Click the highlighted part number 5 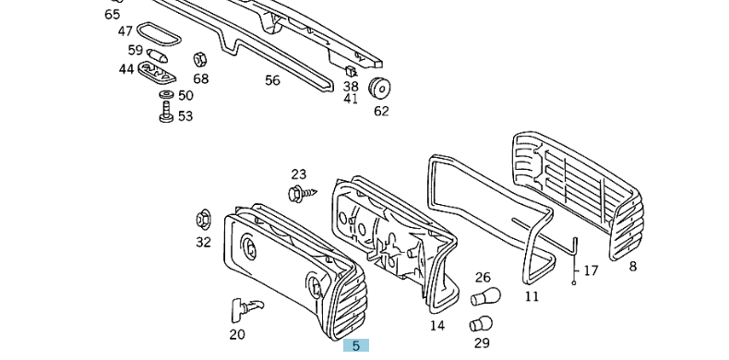pyautogui.click(x=356, y=345)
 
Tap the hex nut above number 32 pyautogui.click(x=203, y=220)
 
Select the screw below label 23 pyautogui.click(x=302, y=193)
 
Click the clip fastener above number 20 pyautogui.click(x=246, y=309)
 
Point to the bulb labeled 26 pyautogui.click(x=485, y=296)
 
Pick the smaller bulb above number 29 pyautogui.click(x=481, y=324)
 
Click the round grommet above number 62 pyautogui.click(x=379, y=89)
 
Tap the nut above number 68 pyautogui.click(x=200, y=60)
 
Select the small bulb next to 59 pyautogui.click(x=157, y=55)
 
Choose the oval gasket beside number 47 pyautogui.click(x=158, y=34)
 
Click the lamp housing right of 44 pyautogui.click(x=157, y=72)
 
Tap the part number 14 pyautogui.click(x=437, y=326)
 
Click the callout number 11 pyautogui.click(x=532, y=296)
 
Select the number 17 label pyautogui.click(x=591, y=270)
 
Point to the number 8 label pyautogui.click(x=632, y=267)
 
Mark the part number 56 pyautogui.click(x=273, y=80)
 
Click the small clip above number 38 pyautogui.click(x=351, y=72)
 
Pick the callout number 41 pyautogui.click(x=351, y=99)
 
